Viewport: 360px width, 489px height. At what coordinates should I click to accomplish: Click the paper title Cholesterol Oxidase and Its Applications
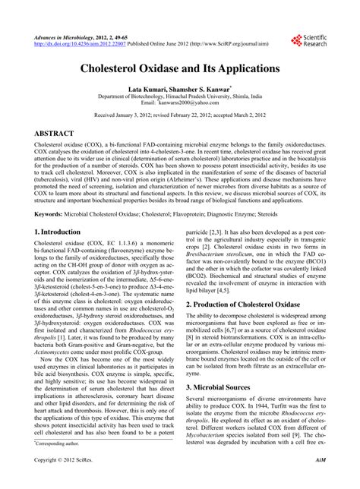click(x=180, y=68)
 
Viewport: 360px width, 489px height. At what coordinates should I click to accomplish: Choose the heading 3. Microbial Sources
click(x=221, y=408)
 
